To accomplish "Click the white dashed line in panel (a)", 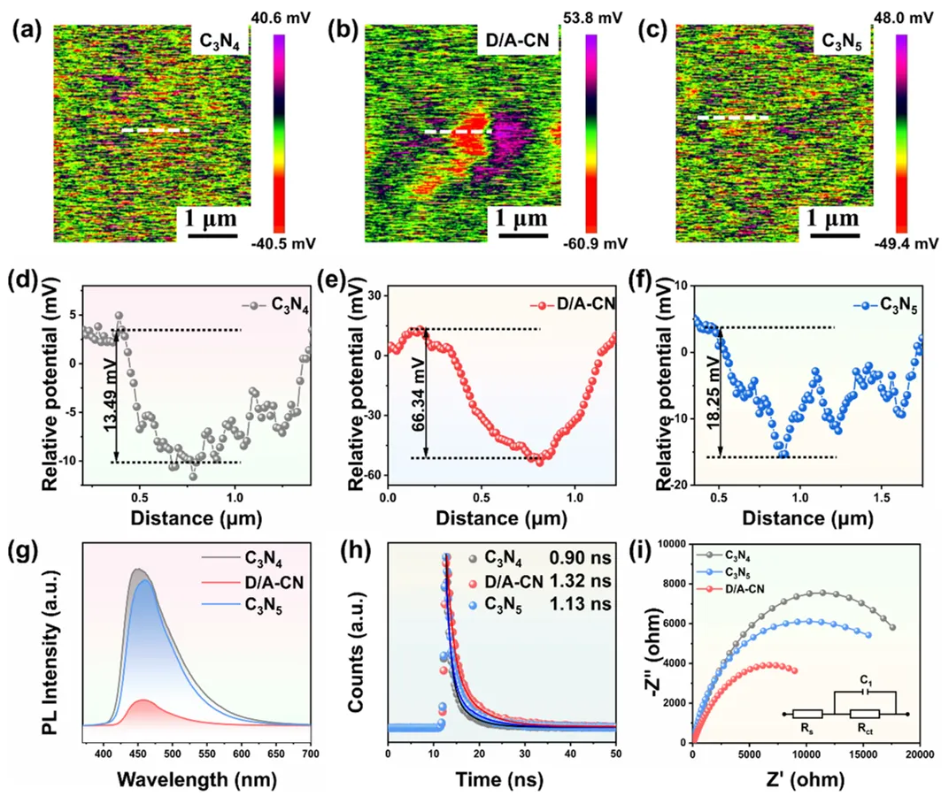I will tap(155, 130).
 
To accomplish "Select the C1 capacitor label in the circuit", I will tap(865, 682).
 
